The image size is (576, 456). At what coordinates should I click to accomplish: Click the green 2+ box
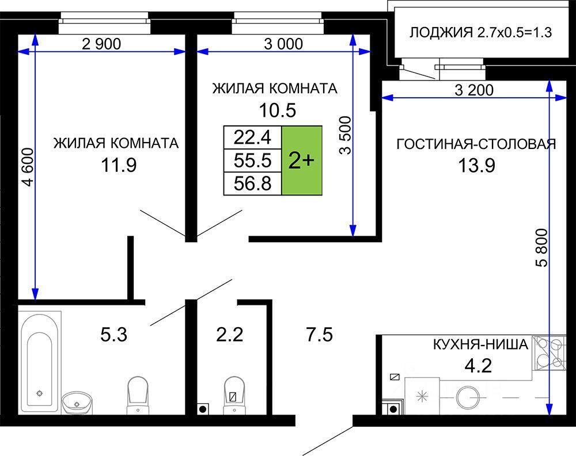pos(302,160)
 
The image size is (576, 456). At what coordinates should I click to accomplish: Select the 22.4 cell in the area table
pos(253,137)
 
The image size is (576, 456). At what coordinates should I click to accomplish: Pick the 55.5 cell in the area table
pos(253,160)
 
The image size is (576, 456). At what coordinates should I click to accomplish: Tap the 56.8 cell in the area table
pos(253,183)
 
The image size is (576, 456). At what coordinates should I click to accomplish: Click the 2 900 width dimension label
pos(101,44)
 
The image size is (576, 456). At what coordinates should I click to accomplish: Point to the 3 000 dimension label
pos(283,44)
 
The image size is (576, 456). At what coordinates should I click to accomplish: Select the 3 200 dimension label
pos(474,90)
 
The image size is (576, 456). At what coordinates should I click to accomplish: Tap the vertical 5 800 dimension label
pos(541,248)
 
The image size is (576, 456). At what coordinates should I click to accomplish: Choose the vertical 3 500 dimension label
pos(345,135)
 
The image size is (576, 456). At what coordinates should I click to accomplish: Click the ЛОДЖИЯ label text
pos(441,33)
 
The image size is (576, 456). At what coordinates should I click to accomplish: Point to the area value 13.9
pos(476,166)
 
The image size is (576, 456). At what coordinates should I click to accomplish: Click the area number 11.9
pos(119,166)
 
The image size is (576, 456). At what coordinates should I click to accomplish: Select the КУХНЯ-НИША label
pos(481,344)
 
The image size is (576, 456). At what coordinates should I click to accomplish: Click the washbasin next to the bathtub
pos(77,403)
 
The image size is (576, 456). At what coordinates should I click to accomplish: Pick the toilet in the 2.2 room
pos(234,394)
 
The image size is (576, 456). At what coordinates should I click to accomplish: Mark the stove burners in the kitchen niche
pos(549,352)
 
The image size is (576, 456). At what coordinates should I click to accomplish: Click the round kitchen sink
pos(468,397)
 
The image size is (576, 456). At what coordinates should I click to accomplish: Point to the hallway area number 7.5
pos(320,335)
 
